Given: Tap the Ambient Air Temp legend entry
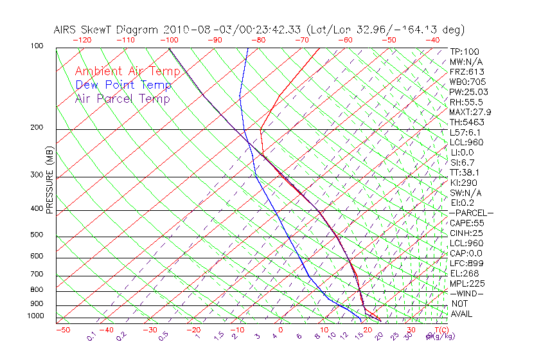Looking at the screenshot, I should click(x=127, y=71).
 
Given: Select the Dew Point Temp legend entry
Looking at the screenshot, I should click(x=123, y=85).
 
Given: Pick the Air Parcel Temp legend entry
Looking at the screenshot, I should click(x=122, y=98).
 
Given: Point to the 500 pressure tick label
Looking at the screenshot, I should click(x=37, y=235).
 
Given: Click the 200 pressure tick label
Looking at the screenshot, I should click(x=37, y=128).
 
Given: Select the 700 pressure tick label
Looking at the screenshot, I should click(x=37, y=274).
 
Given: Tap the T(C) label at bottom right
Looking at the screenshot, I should click(x=437, y=330).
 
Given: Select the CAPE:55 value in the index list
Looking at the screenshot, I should click(x=466, y=223).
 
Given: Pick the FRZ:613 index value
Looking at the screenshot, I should click(x=467, y=72).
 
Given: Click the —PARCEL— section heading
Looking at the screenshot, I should click(x=471, y=213).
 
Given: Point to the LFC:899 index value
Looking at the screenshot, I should click(x=466, y=264).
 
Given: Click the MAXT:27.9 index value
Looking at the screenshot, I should click(x=470, y=113).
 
